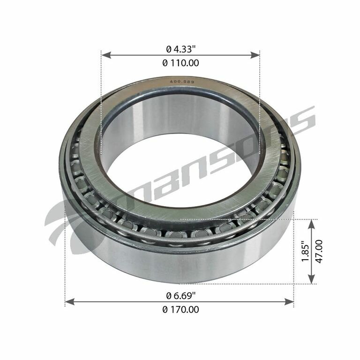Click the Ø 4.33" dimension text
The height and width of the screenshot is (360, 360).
click(x=180, y=48)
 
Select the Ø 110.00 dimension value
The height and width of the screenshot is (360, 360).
click(x=180, y=63)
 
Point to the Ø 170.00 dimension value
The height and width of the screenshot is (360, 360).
click(x=180, y=309)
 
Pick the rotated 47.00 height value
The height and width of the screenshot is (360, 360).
click(x=319, y=252)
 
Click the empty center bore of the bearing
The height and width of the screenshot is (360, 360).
click(x=180, y=169)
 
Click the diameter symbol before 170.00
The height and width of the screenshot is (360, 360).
click(x=165, y=310)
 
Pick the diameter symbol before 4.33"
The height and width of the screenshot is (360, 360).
click(x=168, y=48)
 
